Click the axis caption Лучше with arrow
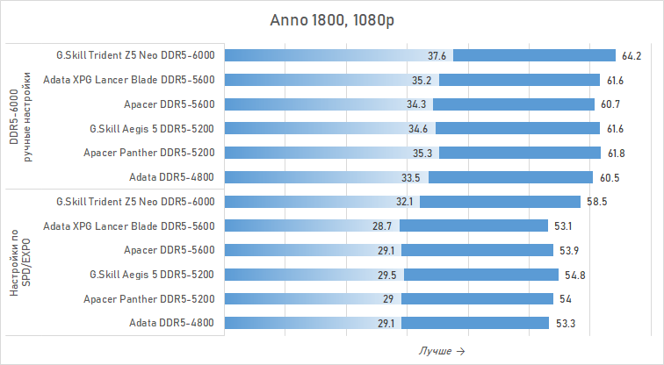[442, 351]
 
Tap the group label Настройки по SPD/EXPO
[20, 262]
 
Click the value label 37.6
[437, 55]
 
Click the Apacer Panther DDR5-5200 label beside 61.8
[149, 153]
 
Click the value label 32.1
[404, 201]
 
